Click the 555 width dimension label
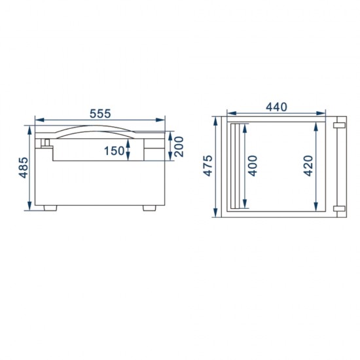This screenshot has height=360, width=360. click(100, 114)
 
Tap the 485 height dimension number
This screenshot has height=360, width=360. click(24, 168)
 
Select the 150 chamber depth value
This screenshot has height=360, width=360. click(114, 151)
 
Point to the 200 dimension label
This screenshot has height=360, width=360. click(179, 147)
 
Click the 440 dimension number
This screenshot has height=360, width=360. click(276, 107)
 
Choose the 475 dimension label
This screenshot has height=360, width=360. click(208, 166)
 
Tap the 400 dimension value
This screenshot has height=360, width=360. click(253, 166)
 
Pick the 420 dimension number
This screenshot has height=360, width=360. click(308, 166)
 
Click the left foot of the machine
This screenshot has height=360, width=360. click(50, 207)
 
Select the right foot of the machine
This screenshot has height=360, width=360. click(149, 207)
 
